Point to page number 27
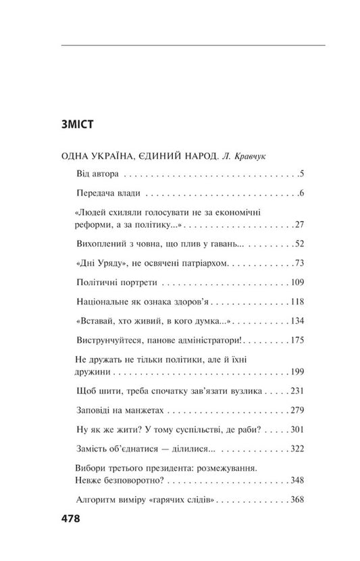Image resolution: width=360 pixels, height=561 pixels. tap(301, 224)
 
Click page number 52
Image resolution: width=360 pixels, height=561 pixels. tap(301, 243)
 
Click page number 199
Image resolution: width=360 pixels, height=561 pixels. tap(299, 372)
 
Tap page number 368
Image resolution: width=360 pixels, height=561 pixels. tap(299, 499)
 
